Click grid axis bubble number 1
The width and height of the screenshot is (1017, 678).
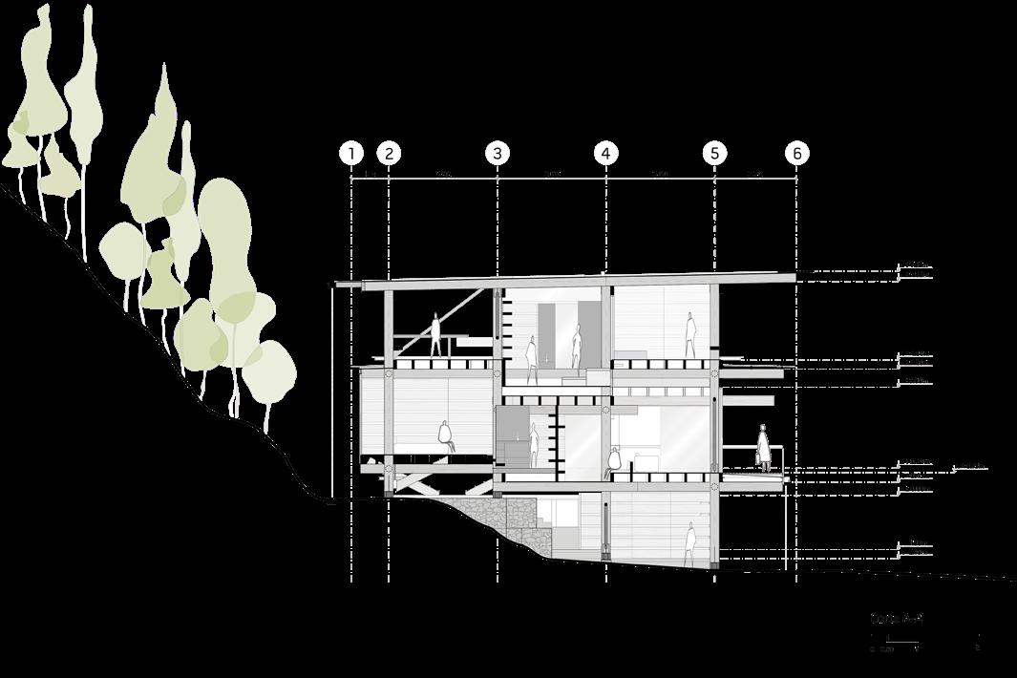(x=351, y=154)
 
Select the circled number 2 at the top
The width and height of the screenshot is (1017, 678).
(x=389, y=154)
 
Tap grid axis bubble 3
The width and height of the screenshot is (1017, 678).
(x=497, y=154)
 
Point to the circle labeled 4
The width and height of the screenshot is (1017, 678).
(x=605, y=154)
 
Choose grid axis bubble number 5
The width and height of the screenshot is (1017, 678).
(x=714, y=154)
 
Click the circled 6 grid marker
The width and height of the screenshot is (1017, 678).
(x=796, y=154)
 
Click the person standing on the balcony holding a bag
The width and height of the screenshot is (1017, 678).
(x=763, y=447)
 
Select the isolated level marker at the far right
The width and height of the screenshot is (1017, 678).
(x=969, y=467)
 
